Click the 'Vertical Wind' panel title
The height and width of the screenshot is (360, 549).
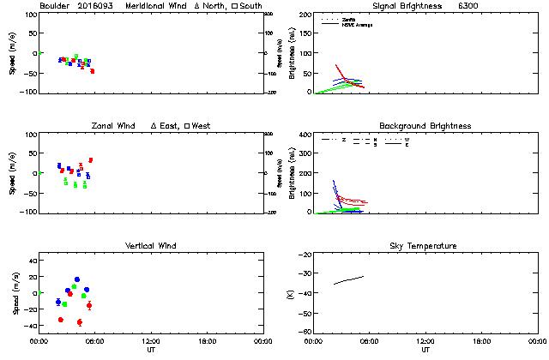coord(150,246)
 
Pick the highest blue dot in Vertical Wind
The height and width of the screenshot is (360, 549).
coord(76,279)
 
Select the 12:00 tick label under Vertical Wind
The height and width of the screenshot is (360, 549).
coord(150,341)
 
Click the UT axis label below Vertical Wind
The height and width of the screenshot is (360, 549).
coord(150,350)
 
